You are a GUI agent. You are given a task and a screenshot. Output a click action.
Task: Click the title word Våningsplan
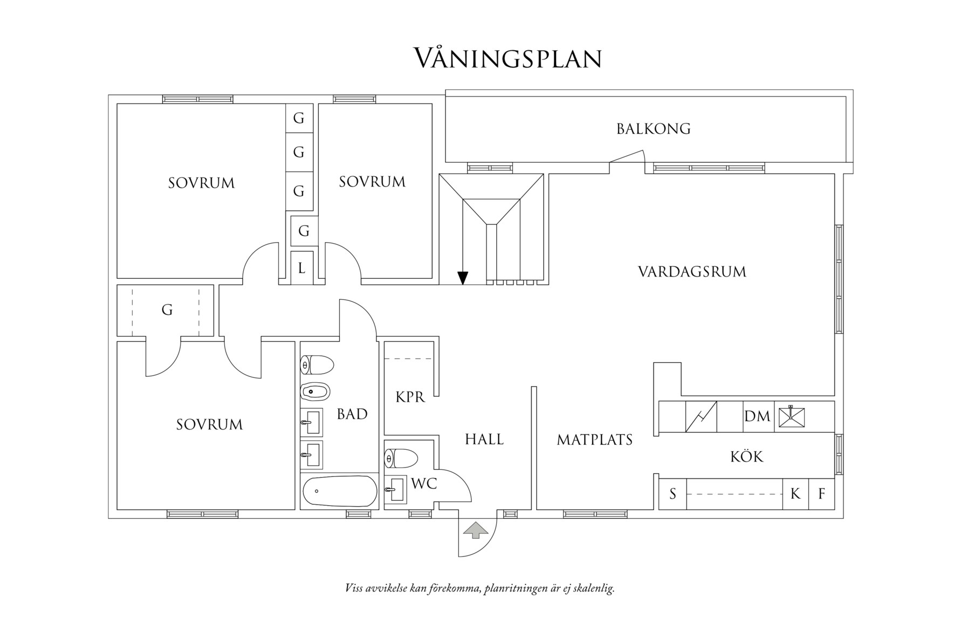pos(507,58)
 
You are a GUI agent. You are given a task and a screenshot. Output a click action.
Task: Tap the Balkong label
pos(653,129)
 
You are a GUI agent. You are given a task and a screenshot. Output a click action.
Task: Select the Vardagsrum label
pos(692,271)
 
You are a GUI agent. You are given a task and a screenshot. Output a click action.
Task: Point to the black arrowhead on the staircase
pos(462,278)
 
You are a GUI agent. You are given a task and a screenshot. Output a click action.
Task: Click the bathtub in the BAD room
pos(339,491)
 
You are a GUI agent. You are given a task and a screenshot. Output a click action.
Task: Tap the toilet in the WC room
pos(402,459)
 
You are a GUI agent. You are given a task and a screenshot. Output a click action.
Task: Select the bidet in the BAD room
pos(315,391)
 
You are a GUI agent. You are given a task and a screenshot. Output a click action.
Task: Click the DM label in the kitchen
pos(757,416)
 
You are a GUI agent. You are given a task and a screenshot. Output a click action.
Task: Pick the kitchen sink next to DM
pos(790,417)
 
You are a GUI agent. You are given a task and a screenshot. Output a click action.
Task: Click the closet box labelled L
pos(301,268)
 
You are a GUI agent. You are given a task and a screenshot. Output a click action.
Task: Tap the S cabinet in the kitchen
pos(673,494)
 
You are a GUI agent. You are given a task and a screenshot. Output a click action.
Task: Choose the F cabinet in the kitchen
pos(821,494)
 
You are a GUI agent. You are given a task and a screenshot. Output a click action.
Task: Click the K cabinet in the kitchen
pos(795,494)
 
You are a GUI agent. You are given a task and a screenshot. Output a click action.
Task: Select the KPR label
pos(410,397)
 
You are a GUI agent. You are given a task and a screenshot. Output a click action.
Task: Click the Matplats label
pos(594,440)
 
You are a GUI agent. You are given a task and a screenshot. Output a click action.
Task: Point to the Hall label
pos(484,439)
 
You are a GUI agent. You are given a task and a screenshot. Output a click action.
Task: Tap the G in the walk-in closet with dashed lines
pos(167,310)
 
